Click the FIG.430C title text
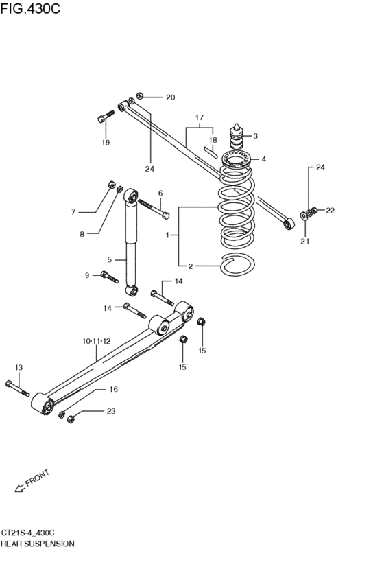pos(30,8)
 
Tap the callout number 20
pos(171,97)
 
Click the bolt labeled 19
pos(106,116)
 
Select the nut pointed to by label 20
pos(140,95)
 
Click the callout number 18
pos(213,141)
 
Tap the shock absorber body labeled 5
pos(132,242)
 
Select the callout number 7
pos(73,213)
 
